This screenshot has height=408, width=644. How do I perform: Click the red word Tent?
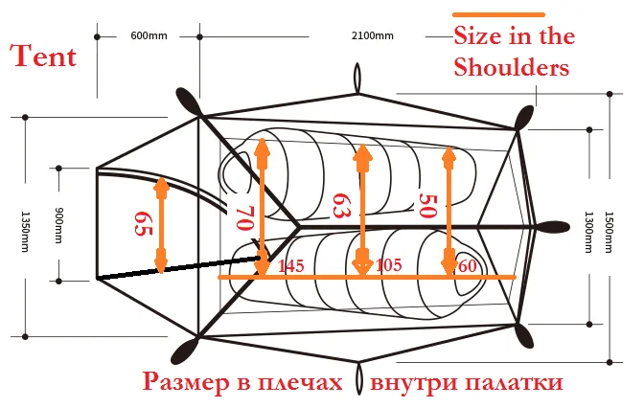pos(43,55)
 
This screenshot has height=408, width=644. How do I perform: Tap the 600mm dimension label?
pos(149,36)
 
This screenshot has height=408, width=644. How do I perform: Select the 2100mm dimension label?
pos(373,36)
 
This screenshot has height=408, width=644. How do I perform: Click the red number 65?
pos(142,224)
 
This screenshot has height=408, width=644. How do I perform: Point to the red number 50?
pos(427,205)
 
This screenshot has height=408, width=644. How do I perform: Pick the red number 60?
pos(469,264)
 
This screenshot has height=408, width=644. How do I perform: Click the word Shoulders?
pos(512,68)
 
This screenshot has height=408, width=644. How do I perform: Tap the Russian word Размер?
pos(190,382)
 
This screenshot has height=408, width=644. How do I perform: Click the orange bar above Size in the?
pos(498,14)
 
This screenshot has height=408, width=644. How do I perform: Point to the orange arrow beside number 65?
pos(162,224)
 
